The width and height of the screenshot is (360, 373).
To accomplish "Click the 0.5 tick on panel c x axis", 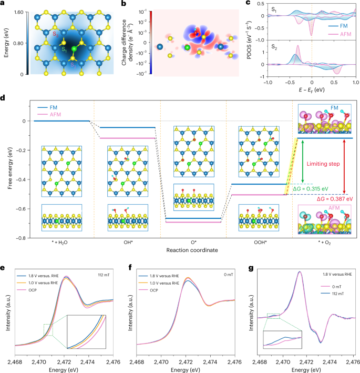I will click(334, 83).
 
